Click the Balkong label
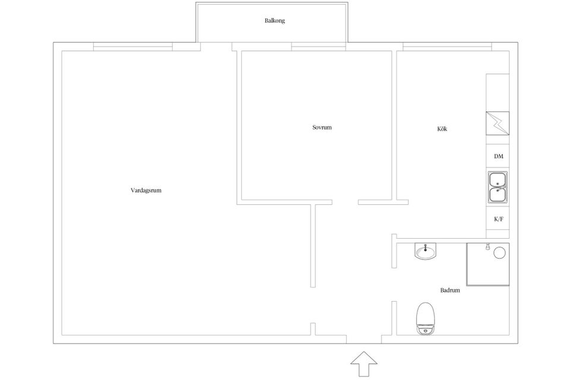pos(274,21)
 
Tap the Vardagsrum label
pos(146,190)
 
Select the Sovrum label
pos(322,127)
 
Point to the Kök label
pos(442,129)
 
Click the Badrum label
pos(450,290)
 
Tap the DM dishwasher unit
pos(498,156)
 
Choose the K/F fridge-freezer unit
pos(498,219)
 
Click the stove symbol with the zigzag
pos(498,123)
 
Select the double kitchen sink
pos(498,187)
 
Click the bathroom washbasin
pos(425,251)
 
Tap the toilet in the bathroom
pos(426,318)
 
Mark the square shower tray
pos(488,264)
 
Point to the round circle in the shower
pos(499,252)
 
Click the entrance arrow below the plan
pos(364,363)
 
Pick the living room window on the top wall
pos(132,46)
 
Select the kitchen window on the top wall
pos(447,46)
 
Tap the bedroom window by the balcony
pos(318,46)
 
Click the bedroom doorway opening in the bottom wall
pos(345,202)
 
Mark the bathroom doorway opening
pos(394,285)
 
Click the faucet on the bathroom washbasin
pos(425,248)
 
